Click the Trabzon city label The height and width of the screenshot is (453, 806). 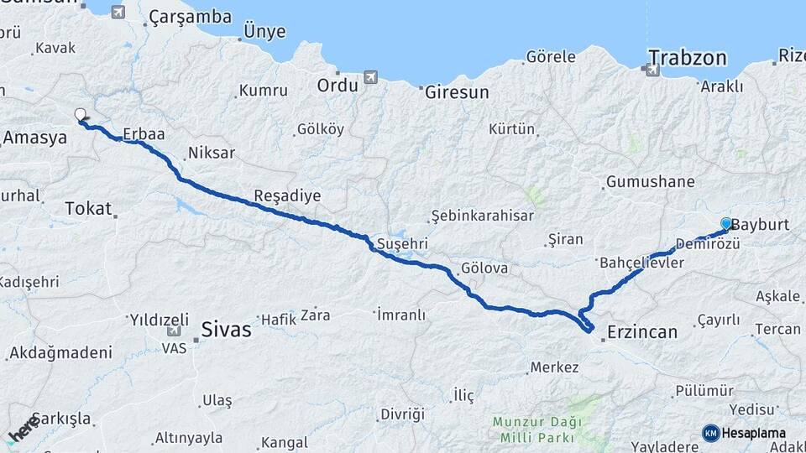(687, 58)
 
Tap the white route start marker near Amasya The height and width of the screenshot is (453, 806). (80, 114)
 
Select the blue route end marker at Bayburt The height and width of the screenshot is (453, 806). (726, 224)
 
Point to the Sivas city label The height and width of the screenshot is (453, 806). (226, 330)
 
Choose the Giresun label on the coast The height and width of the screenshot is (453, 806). (457, 92)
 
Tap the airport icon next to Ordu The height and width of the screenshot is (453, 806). (370, 78)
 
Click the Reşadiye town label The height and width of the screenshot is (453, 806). (288, 195)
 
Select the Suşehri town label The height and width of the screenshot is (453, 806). (402, 243)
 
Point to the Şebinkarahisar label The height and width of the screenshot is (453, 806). (483, 216)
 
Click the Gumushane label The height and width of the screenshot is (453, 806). (651, 181)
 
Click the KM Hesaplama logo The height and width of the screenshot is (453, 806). (744, 433)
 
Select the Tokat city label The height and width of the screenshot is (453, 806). (88, 208)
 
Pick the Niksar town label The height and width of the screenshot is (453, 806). (212, 153)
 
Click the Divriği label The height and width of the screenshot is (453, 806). (402, 414)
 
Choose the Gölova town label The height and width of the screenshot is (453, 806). (484, 268)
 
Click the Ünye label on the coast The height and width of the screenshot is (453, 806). (264, 32)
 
